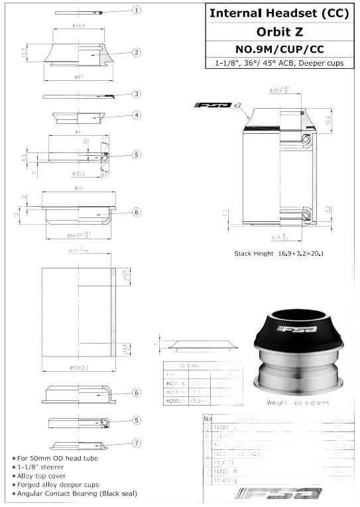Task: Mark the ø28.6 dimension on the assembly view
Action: (278, 89)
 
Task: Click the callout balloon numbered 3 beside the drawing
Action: (136, 94)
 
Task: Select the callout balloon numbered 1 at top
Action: (137, 10)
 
